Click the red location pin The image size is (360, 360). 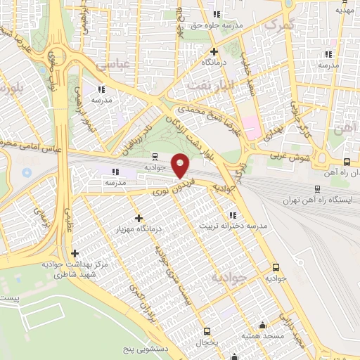(181, 167)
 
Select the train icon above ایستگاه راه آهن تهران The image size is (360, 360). (318, 189)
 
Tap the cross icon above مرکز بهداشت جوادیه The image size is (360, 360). (75, 253)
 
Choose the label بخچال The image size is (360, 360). (206, 342)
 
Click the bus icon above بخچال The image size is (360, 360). (207, 330)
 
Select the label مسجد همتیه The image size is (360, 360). (264, 337)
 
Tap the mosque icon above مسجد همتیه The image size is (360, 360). (263, 325)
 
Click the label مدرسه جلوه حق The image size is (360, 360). (217, 25)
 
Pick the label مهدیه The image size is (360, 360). (344, 10)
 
